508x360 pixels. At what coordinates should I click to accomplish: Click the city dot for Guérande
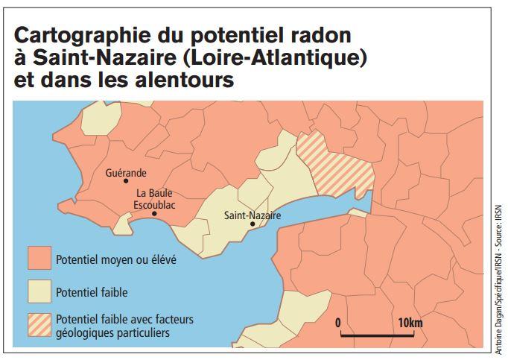point(126,180)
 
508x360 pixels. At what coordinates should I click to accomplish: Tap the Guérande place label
point(126,171)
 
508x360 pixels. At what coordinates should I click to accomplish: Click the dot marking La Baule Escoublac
point(154,214)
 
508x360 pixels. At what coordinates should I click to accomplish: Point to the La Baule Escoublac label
point(154,199)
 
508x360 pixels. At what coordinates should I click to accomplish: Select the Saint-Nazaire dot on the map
point(253,224)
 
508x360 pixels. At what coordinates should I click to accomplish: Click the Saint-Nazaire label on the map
point(253,215)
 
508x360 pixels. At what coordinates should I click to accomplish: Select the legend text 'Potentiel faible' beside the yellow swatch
point(87,293)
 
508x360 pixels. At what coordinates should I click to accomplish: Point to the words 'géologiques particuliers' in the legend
point(113,332)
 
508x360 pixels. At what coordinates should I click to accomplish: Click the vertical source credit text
point(496,275)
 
